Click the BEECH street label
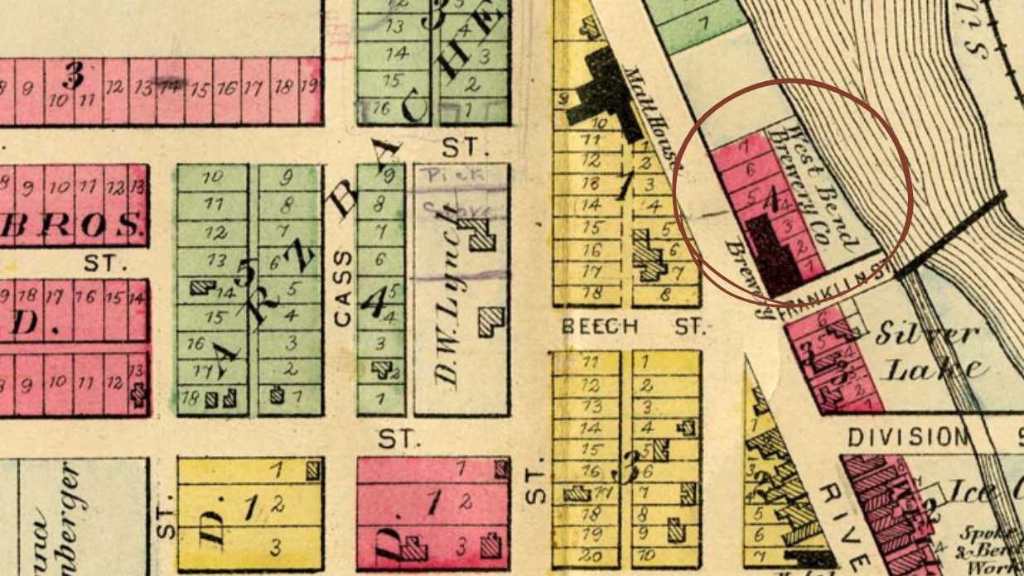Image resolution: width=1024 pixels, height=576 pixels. tap(600, 327)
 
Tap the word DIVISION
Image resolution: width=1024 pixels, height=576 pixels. tap(906, 437)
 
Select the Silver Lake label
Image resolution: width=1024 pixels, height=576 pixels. tap(928, 352)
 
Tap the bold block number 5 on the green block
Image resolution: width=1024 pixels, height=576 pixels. tap(244, 274)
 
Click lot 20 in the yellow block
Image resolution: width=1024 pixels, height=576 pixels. tap(590, 555)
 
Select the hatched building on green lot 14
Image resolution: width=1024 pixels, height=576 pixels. tap(201, 288)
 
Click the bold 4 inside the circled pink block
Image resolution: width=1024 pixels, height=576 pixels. tap(771, 199)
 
